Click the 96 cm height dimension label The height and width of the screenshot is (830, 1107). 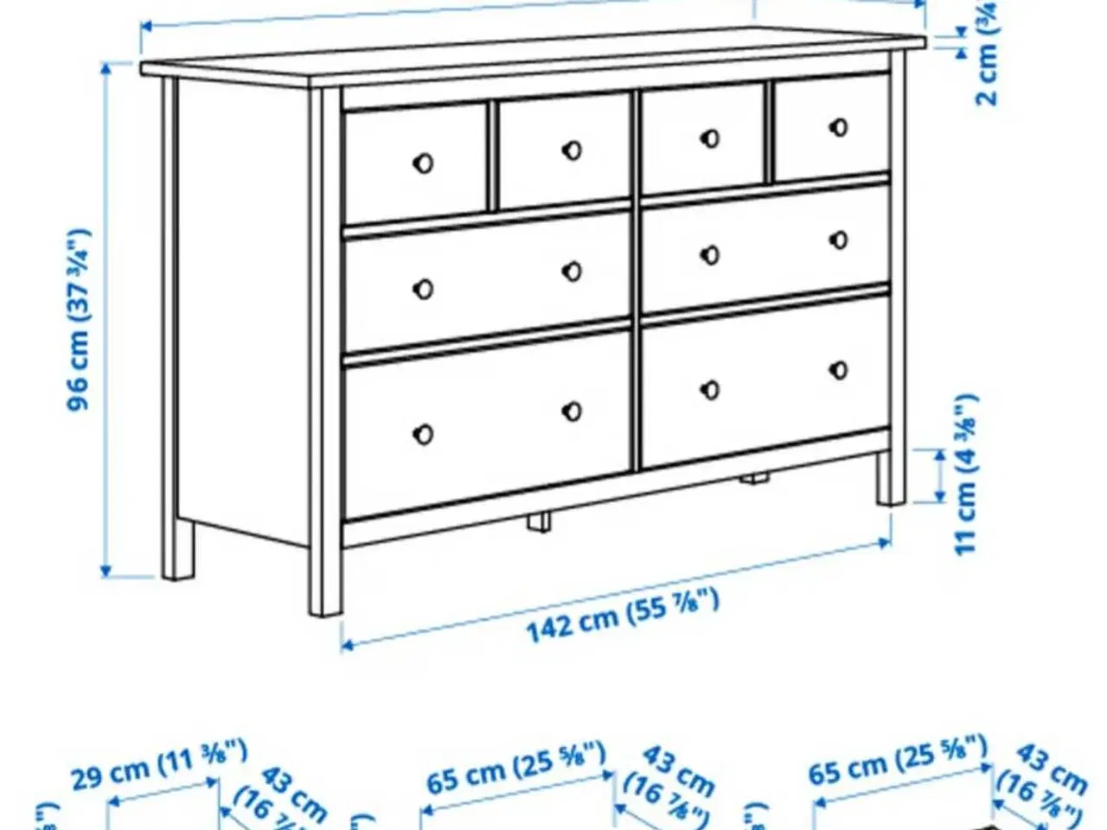[79, 320]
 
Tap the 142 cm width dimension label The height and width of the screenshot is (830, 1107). [623, 614]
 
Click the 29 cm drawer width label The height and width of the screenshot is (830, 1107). [159, 765]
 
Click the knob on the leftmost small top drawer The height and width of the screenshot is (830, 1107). [423, 163]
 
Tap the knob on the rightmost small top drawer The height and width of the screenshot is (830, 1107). [838, 127]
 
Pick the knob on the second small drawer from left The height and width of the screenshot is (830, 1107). [572, 150]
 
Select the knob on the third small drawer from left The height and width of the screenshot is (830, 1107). [710, 138]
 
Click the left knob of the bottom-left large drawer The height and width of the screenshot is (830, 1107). [423, 434]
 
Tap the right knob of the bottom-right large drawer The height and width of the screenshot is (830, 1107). [838, 370]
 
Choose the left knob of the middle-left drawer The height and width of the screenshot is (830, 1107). [423, 289]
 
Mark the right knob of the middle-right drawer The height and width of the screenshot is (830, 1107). [838, 239]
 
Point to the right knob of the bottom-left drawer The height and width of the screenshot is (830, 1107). [572, 412]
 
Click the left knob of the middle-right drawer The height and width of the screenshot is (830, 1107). [710, 255]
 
